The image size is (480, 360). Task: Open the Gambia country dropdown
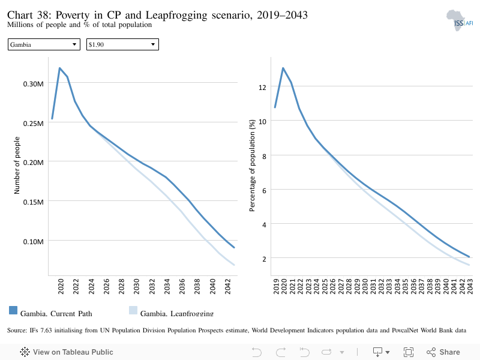click(44, 44)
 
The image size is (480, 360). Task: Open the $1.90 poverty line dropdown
click(122, 44)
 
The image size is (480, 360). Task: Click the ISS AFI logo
click(460, 20)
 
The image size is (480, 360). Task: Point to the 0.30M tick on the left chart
click(34, 84)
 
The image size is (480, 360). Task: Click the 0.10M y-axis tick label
click(34, 242)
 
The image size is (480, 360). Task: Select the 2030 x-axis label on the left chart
click(137, 286)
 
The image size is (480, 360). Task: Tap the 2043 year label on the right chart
click(470, 286)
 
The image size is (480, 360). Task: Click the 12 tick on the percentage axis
click(262, 88)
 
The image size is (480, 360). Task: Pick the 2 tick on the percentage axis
click(264, 259)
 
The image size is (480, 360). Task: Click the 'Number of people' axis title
click(17, 166)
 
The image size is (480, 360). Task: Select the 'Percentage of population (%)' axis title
click(252, 166)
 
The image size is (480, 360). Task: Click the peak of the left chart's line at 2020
click(59, 68)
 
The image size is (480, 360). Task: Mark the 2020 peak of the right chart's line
click(283, 68)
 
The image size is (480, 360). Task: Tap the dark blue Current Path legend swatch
click(13, 310)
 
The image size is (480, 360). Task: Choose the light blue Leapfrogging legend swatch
click(133, 310)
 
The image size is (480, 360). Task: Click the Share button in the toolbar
click(443, 352)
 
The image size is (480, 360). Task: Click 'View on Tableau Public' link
click(67, 352)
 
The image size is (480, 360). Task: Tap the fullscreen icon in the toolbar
click(409, 352)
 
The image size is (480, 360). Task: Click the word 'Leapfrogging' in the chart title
click(176, 15)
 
